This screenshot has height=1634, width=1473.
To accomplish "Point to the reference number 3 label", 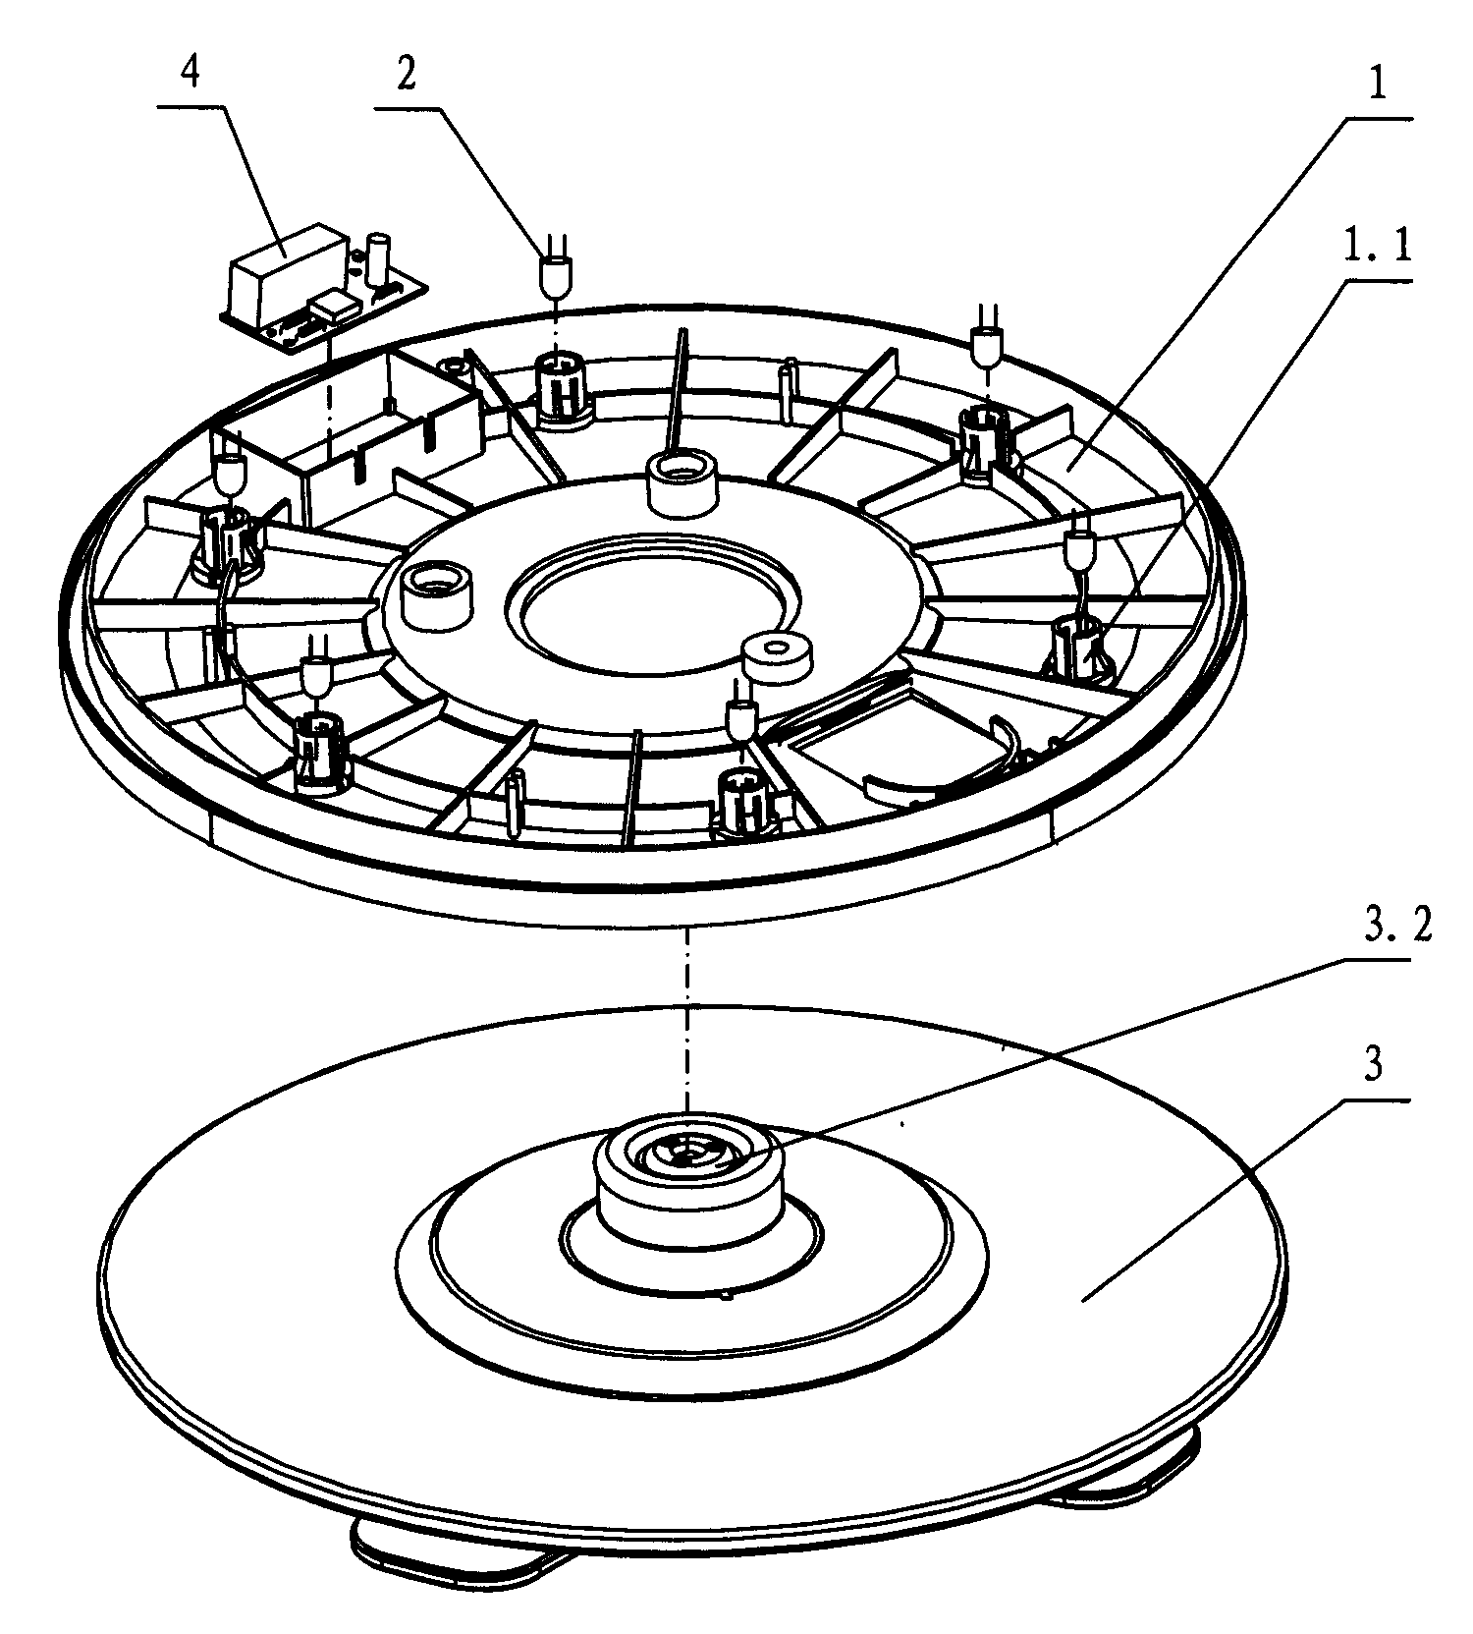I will click(x=1375, y=1066).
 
